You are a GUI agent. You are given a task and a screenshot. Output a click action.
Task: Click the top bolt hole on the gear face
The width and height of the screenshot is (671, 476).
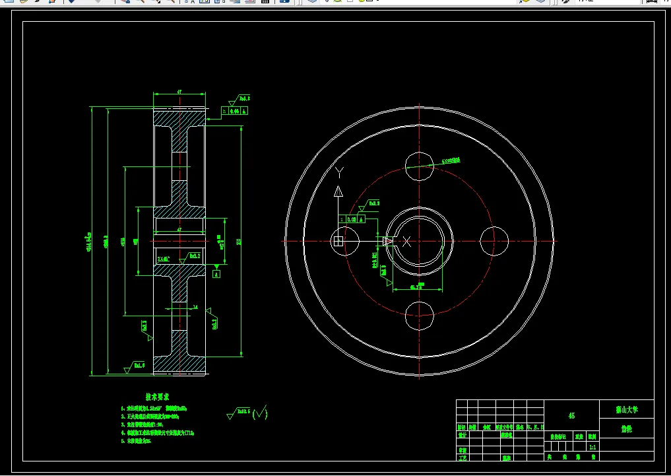[420, 166]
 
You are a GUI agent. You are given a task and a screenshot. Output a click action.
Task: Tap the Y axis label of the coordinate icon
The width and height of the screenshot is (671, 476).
[339, 173]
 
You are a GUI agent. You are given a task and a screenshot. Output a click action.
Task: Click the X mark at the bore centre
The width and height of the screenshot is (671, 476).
[407, 242]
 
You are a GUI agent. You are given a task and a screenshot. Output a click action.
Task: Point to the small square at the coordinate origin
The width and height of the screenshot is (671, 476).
[338, 242]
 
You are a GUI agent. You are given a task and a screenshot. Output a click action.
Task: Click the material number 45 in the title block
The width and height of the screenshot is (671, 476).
[571, 416]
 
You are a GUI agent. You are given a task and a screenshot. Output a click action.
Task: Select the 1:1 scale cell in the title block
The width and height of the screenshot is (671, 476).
[592, 447]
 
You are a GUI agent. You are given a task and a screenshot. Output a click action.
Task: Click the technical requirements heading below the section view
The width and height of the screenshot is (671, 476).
[158, 397]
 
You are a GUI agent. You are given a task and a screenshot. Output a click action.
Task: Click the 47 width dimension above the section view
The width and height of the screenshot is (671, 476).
[179, 92]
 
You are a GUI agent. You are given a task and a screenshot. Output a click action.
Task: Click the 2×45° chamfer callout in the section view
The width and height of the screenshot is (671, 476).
[164, 258]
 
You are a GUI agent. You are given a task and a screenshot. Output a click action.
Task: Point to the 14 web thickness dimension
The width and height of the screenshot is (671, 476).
[195, 306]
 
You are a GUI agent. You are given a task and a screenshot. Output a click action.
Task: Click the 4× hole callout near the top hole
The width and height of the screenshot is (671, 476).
[451, 160]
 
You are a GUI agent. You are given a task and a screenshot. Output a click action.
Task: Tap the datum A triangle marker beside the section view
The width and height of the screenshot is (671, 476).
[217, 272]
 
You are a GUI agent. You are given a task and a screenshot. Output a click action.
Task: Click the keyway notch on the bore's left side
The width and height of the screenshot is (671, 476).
[389, 242]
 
